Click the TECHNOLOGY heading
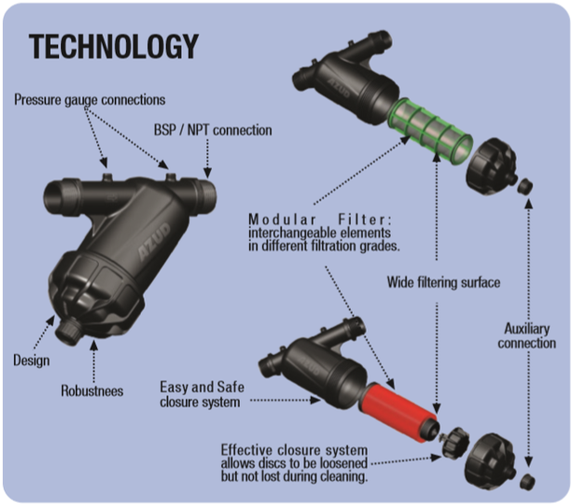pyautogui.click(x=114, y=46)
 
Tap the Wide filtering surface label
pyautogui.click(x=442, y=283)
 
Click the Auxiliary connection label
pyautogui.click(x=529, y=334)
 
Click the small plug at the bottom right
pyautogui.click(x=528, y=479)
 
